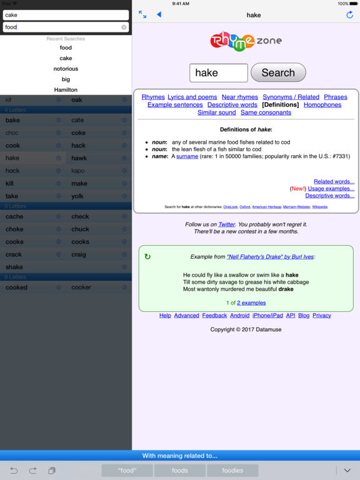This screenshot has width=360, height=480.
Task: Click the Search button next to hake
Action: (278, 72)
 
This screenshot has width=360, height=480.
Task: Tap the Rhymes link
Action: (153, 97)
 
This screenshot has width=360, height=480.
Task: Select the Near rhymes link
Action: (239, 97)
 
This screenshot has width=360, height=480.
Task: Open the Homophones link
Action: (322, 105)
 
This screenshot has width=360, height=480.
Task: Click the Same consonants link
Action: (266, 112)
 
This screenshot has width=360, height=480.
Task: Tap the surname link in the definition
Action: (187, 156)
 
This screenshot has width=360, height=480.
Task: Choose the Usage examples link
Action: (331, 188)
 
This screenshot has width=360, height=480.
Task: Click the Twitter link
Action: (226, 224)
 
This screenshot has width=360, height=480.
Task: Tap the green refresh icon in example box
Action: (147, 256)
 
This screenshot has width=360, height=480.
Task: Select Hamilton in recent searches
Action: (66, 90)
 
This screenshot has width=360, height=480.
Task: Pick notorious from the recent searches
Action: (66, 69)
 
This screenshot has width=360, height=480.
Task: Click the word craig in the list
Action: (79, 254)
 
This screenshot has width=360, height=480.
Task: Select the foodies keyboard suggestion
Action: (233, 471)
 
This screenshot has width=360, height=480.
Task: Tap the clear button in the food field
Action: (124, 27)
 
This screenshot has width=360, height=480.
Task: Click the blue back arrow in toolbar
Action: (159, 14)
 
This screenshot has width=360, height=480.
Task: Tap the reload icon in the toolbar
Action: (349, 14)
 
